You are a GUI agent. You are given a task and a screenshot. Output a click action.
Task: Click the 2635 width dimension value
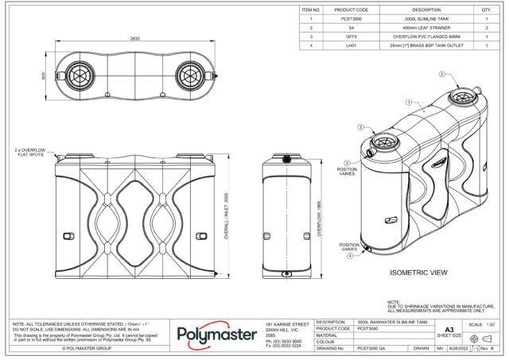(135, 38)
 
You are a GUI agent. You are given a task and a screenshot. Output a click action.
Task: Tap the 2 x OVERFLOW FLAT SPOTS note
(30, 152)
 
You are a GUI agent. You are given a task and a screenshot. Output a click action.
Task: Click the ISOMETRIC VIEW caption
(419, 273)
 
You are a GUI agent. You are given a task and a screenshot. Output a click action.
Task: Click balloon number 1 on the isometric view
(407, 103)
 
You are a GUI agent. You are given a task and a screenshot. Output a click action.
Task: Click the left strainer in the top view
(80, 76)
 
